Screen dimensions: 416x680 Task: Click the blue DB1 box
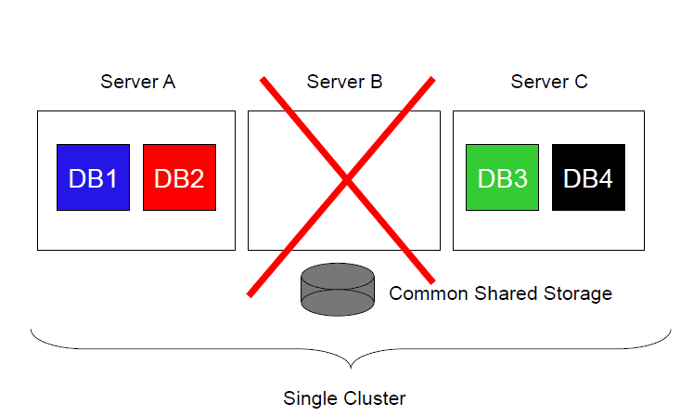(93, 177)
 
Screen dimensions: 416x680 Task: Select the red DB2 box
(179, 177)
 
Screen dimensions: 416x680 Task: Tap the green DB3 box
(502, 177)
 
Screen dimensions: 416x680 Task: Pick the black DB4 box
(588, 177)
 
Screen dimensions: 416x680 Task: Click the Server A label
(137, 82)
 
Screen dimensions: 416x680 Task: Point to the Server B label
(344, 82)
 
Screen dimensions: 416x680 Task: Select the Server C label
(549, 82)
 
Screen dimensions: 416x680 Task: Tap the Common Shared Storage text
(500, 293)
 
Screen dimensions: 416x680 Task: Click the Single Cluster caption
(344, 399)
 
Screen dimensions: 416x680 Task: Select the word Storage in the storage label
(578, 294)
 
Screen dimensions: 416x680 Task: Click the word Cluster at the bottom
(376, 399)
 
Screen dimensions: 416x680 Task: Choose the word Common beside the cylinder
(425, 293)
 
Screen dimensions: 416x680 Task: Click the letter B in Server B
(376, 82)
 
